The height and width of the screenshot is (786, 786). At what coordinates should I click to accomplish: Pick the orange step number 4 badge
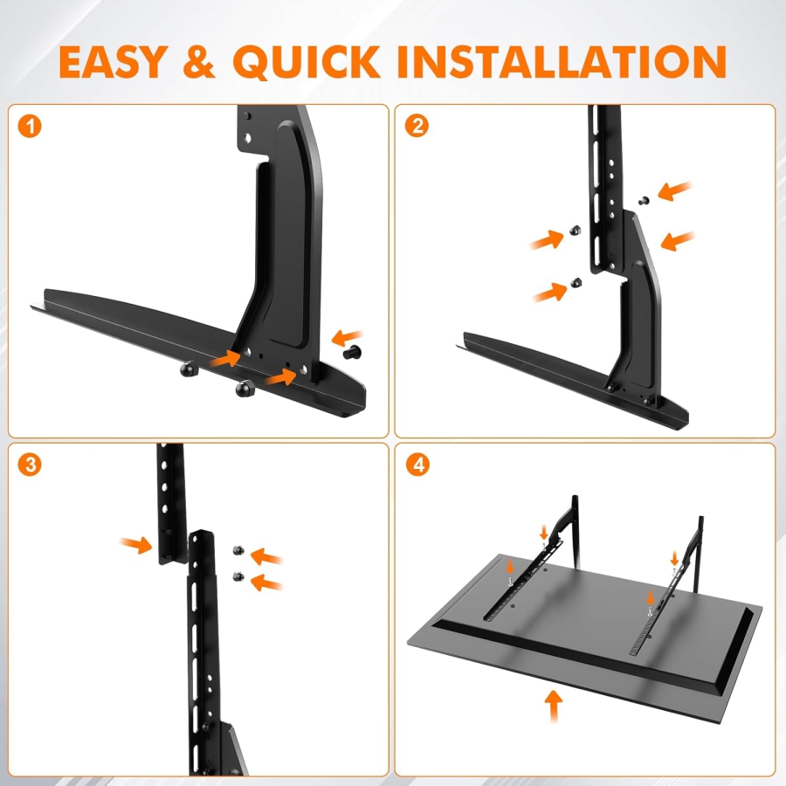pyautogui.click(x=417, y=464)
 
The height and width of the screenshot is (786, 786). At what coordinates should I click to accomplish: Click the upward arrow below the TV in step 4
pyautogui.click(x=553, y=706)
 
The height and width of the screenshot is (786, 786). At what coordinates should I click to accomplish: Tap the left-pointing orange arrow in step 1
pyautogui.click(x=348, y=336)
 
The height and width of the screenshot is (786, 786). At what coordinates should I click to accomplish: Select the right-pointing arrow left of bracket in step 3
pyautogui.click(x=136, y=546)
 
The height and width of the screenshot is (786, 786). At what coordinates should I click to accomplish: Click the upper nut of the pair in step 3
pyautogui.click(x=238, y=549)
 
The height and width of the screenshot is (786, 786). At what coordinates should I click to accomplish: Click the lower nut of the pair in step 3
pyautogui.click(x=238, y=575)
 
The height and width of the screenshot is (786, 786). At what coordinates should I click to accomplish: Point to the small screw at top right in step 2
pyautogui.click(x=644, y=201)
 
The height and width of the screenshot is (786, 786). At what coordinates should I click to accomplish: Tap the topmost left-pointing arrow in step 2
pyautogui.click(x=675, y=190)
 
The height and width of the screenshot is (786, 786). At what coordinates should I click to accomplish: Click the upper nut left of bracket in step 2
pyautogui.click(x=576, y=230)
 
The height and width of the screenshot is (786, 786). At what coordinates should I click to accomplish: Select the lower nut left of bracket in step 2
pyautogui.click(x=576, y=281)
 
